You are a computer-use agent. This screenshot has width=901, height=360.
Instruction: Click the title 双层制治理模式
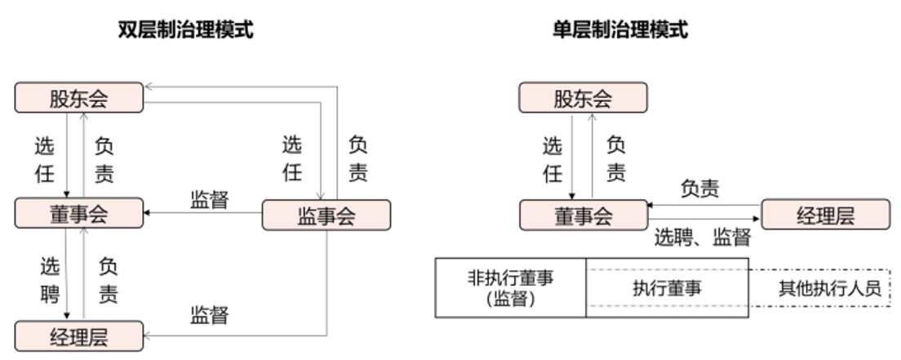coord(185,29)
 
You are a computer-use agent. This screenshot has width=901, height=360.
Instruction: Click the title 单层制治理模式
coord(620,29)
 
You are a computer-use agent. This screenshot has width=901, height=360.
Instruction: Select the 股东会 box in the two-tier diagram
coord(78,98)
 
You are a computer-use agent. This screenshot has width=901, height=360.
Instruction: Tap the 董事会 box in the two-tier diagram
coord(78,213)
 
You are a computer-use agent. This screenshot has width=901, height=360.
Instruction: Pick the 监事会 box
coord(326,215)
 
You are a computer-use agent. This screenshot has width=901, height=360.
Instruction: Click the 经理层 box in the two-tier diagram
coord(78,336)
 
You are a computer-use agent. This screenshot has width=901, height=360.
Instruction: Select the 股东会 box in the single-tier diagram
coord(583,98)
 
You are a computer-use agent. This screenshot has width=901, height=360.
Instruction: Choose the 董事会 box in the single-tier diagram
coord(584,215)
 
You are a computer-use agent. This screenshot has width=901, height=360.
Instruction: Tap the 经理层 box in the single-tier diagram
coord(826,215)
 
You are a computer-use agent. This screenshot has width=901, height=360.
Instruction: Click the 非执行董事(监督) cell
coord(511,287)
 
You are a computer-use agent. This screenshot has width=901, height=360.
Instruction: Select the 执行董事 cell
coord(667,287)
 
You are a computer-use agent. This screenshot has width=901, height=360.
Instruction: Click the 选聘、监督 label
coord(703,237)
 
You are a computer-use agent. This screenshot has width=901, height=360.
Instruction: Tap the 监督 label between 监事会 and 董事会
coord(210,199)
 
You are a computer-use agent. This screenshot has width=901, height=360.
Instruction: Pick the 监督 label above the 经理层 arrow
coord(210,315)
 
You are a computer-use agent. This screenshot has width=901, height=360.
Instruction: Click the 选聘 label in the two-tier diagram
coord(50,280)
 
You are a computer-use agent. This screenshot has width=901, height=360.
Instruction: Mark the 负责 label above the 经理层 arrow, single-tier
coord(700,188)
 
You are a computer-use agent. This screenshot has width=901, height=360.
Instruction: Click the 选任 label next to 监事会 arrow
coord(292,158)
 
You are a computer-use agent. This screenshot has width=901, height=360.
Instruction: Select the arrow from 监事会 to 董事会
coord(203,213)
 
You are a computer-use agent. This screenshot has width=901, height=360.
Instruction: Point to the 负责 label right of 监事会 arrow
coord(357,159)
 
